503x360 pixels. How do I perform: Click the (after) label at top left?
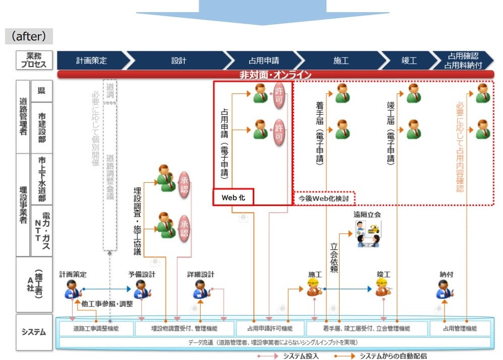(x=29, y=36)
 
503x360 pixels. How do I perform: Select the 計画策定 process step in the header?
(x=91, y=61)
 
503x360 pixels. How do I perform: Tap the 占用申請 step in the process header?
(x=263, y=61)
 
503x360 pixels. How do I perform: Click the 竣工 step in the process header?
(x=409, y=61)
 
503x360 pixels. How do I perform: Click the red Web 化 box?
(x=233, y=197)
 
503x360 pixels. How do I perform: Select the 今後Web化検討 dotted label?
(x=324, y=198)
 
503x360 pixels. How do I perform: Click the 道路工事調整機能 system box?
(x=95, y=329)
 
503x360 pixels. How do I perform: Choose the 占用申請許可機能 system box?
(x=270, y=329)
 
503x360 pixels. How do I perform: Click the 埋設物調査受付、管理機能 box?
(x=184, y=329)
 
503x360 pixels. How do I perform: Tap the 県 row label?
(x=41, y=91)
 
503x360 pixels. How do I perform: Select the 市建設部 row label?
(x=41, y=128)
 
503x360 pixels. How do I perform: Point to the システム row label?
(x=34, y=332)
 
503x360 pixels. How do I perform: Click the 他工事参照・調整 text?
(x=107, y=304)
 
